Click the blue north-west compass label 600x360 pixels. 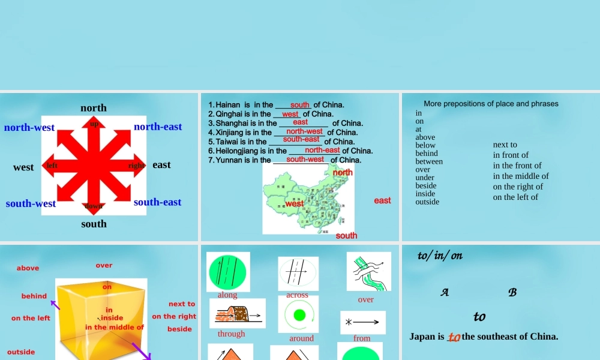(x=29, y=127)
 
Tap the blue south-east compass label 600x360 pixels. (x=157, y=202)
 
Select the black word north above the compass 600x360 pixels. (x=94, y=108)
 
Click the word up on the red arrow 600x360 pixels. (x=94, y=124)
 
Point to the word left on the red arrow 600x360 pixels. (x=52, y=165)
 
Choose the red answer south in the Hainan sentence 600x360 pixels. (x=299, y=105)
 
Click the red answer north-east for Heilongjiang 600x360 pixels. (x=322, y=150)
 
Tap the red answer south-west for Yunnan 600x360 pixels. (x=305, y=159)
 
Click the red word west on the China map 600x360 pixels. (x=295, y=204)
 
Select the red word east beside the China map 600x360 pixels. (x=382, y=200)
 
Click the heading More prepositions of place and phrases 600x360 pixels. (x=491, y=104)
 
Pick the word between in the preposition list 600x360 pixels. (x=429, y=161)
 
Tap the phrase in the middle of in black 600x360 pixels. (x=521, y=176)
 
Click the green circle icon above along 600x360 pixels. (x=228, y=272)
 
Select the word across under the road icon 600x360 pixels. (x=297, y=295)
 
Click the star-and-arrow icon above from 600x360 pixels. (x=362, y=322)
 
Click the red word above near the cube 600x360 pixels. (x=28, y=268)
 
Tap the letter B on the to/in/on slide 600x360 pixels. (x=512, y=293)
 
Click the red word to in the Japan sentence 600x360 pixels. (x=454, y=337)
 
